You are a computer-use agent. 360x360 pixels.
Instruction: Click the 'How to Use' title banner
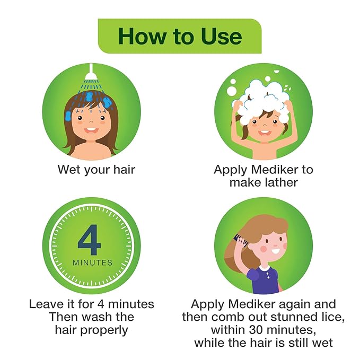(180, 36)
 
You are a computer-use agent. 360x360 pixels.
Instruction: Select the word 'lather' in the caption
(281, 182)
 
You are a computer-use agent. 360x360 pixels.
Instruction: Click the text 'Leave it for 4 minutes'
(91, 304)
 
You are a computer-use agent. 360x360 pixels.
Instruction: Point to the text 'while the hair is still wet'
(264, 343)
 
